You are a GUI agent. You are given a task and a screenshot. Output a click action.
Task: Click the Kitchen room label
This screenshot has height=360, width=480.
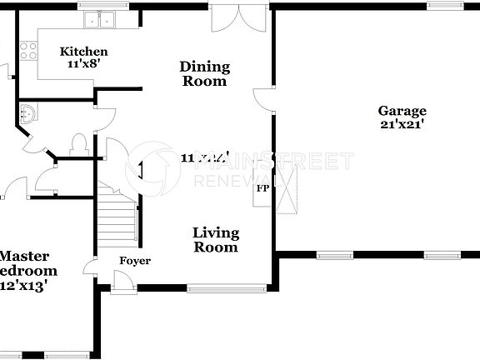coord(83,52)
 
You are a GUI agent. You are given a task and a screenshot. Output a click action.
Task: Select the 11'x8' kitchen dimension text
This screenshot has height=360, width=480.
coord(83,63)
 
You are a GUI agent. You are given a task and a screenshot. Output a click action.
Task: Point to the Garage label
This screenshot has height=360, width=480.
coord(402,111)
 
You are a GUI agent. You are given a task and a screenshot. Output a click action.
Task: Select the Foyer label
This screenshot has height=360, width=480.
coord(135,261)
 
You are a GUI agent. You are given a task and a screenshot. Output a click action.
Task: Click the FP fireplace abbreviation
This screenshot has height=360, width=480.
coord(262,188)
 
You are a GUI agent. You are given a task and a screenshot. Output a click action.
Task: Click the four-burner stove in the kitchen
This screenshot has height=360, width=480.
coord(28,50)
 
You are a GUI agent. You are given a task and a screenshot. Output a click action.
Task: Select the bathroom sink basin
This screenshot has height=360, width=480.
coord(27,113)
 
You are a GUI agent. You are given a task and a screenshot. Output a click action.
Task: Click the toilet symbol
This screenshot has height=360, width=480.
coord(80,143)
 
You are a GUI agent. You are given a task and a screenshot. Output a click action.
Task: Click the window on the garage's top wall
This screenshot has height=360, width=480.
coord(446,6)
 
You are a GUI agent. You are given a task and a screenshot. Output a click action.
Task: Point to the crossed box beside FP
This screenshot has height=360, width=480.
coord(287,188)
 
